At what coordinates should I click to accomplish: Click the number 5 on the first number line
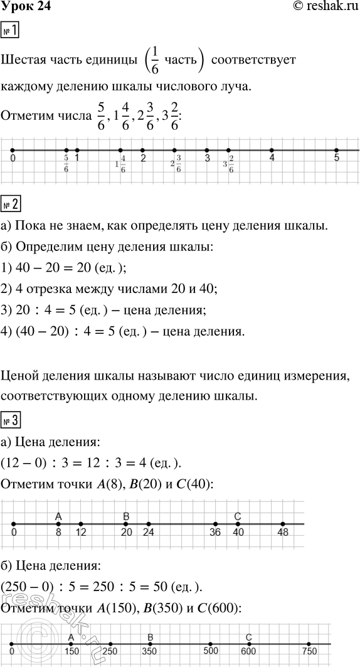pyautogui.click(x=337, y=159)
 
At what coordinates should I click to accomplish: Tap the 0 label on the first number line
pyautogui.click(x=13, y=159)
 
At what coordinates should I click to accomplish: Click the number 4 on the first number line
pyautogui.click(x=272, y=159)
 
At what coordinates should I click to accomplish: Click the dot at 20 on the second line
pyautogui.click(x=126, y=523)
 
